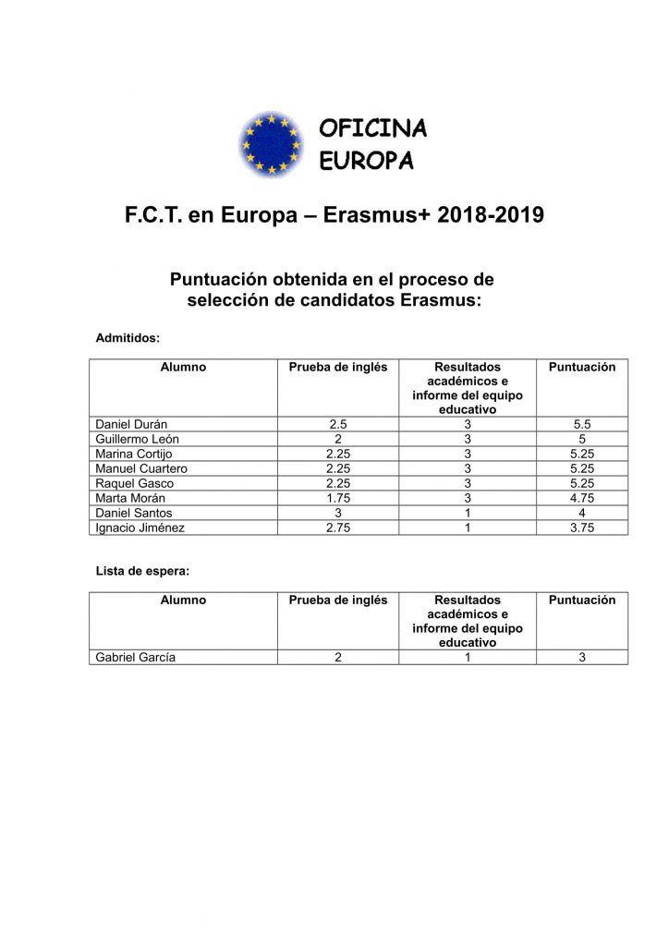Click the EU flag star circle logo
(x=272, y=144)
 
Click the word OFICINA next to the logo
(x=372, y=128)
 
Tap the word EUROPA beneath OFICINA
(x=366, y=161)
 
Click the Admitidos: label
(x=128, y=338)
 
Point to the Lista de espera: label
(x=142, y=571)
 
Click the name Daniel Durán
(x=131, y=424)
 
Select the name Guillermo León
(x=138, y=439)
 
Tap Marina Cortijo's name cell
(x=134, y=454)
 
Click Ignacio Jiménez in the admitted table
(x=140, y=528)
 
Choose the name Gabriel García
(x=136, y=658)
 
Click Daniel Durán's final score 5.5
(x=582, y=424)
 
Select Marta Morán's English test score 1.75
(x=338, y=498)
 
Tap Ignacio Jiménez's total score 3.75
(x=582, y=528)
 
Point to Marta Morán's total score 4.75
(x=582, y=498)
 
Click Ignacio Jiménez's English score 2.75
(x=338, y=528)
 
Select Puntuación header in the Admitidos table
(x=582, y=367)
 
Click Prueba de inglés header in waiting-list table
(x=338, y=600)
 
